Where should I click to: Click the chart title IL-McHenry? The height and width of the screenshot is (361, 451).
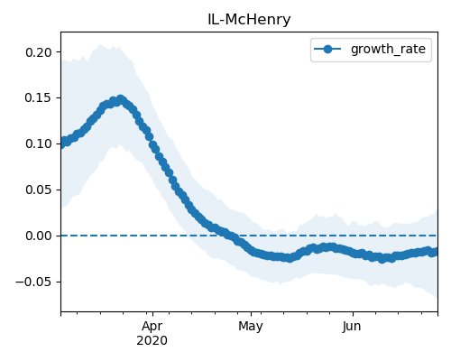click(x=249, y=20)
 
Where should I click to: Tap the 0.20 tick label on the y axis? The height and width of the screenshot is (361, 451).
click(x=39, y=52)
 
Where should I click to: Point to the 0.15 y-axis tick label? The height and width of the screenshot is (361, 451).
click(x=39, y=98)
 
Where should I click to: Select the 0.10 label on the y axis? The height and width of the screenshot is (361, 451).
click(x=39, y=143)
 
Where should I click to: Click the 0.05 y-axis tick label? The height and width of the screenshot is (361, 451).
click(x=39, y=190)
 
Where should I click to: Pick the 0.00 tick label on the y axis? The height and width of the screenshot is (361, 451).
click(x=39, y=236)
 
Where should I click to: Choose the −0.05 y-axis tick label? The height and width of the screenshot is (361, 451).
click(x=33, y=282)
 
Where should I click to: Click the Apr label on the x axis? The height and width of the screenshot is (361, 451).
click(x=152, y=327)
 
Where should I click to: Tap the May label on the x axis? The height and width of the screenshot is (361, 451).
click(x=251, y=327)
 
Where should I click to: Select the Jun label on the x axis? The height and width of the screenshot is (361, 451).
click(x=352, y=326)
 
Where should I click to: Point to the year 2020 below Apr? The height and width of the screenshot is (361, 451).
click(x=152, y=341)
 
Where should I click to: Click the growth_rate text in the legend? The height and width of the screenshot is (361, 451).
click(x=388, y=49)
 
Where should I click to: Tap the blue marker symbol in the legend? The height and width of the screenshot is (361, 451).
click(x=327, y=49)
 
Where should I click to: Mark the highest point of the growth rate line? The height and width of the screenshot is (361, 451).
click(x=121, y=99)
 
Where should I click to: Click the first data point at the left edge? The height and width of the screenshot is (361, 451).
click(x=61, y=143)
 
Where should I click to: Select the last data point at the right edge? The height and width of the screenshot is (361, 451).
click(x=436, y=251)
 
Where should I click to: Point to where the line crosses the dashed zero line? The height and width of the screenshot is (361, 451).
click(x=228, y=236)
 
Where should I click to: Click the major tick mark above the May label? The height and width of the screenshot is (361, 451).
click(x=251, y=314)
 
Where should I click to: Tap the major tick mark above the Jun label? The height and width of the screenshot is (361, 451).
click(x=353, y=314)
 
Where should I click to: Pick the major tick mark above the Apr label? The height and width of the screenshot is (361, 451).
click(x=152, y=314)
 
